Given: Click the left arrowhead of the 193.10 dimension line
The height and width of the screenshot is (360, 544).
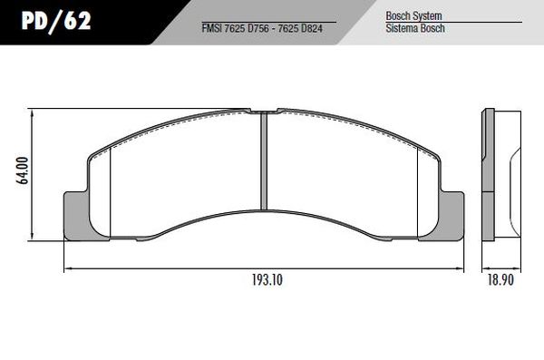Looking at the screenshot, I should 67,268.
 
